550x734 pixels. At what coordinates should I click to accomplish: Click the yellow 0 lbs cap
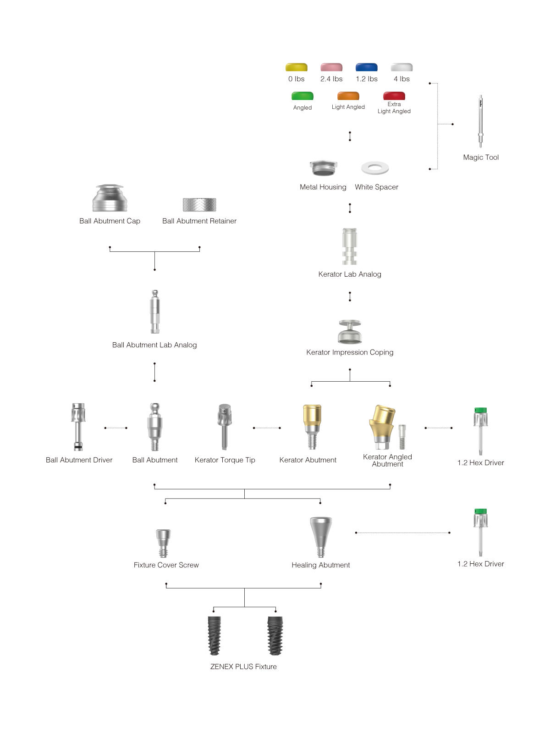click(296, 67)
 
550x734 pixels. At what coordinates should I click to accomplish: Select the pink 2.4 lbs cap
click(331, 67)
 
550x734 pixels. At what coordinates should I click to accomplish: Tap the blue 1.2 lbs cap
click(366, 67)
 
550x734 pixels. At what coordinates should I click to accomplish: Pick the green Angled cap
click(302, 96)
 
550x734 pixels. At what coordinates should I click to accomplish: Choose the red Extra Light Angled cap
click(394, 96)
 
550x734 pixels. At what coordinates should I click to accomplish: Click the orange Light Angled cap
click(348, 96)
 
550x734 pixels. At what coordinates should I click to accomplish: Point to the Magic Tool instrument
click(480, 121)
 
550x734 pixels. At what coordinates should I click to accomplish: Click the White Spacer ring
click(375, 168)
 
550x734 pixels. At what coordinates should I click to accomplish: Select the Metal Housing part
click(323, 168)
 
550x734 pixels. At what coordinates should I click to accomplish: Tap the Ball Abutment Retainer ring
click(199, 204)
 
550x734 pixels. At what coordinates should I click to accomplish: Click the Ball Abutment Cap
click(110, 198)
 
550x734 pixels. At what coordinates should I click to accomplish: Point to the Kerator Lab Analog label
click(350, 274)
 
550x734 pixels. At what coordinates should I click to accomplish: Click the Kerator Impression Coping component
click(350, 332)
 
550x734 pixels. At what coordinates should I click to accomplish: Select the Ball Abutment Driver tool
click(78, 427)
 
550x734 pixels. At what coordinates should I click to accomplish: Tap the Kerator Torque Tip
click(225, 427)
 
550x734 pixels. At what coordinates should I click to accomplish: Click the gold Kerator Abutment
click(312, 427)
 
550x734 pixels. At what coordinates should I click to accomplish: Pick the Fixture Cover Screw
click(163, 543)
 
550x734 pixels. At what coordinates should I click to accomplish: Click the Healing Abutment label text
click(320, 565)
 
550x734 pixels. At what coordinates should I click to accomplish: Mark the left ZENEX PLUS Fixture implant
click(214, 635)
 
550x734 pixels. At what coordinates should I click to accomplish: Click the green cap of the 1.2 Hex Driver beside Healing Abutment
click(480, 512)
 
